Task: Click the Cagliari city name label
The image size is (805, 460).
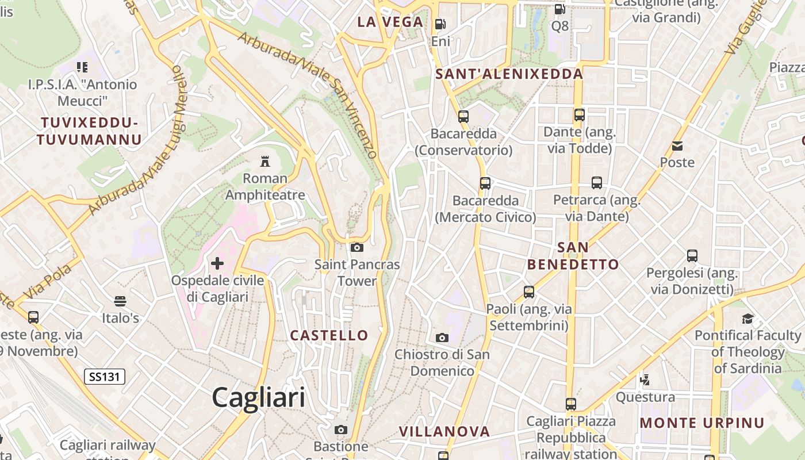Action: click(258, 397)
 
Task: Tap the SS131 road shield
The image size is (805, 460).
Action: click(105, 377)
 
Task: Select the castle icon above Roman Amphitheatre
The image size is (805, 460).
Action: click(265, 160)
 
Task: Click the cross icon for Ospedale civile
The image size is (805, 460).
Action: click(217, 263)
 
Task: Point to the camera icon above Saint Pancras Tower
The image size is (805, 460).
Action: click(357, 247)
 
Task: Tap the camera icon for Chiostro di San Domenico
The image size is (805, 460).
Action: click(442, 338)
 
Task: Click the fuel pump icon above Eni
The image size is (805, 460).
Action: click(440, 24)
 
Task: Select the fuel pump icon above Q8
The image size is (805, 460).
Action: click(559, 9)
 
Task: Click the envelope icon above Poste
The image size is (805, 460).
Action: click(677, 146)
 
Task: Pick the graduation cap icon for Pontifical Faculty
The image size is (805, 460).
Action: click(747, 318)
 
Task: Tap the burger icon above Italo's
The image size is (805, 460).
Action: click(120, 301)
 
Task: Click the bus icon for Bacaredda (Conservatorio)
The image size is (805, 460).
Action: click(463, 117)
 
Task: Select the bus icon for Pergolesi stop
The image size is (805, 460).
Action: click(692, 255)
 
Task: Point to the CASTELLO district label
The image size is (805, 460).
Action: click(329, 335)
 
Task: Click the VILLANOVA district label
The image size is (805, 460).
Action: click(444, 431)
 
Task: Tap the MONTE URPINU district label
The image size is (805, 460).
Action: click(702, 423)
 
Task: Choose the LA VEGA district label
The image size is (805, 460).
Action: click(390, 22)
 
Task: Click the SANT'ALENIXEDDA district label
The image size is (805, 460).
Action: click(509, 74)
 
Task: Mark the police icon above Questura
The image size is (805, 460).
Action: click(645, 379)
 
